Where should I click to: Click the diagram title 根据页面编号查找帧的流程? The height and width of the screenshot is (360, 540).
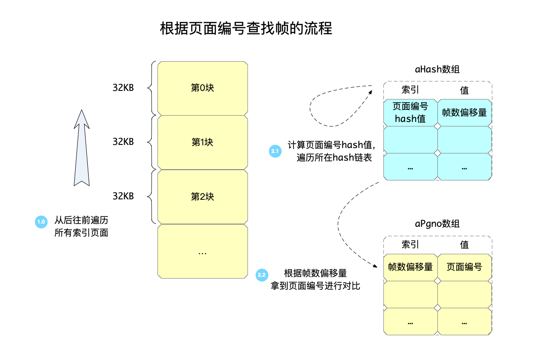pos(246,29)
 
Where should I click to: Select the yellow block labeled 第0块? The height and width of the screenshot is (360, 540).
pos(202,88)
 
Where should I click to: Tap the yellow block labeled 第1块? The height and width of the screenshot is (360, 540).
pos(202,142)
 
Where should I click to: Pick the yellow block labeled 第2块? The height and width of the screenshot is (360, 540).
pos(202,197)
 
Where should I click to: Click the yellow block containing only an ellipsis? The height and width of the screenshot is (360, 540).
pos(202,251)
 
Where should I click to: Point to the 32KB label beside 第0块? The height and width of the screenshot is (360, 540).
pos(123,87)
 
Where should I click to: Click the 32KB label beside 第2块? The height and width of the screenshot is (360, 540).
pos(123,196)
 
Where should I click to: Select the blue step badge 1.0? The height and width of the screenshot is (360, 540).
pos(41,222)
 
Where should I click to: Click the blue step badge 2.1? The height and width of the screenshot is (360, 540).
pos(274,152)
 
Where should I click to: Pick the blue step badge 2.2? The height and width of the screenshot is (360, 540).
pos(261,274)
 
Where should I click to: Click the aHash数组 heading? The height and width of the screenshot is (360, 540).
pos(437,70)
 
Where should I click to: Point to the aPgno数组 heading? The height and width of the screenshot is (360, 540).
pos(437,224)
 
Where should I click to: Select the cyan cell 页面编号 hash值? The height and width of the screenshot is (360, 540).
pos(410,112)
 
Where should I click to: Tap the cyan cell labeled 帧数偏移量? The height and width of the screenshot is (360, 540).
pos(464,112)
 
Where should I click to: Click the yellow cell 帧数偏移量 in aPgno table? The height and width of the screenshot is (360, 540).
pos(410,267)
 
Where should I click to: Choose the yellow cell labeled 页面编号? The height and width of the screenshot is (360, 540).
pos(464,267)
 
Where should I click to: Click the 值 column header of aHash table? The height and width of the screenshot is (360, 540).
pos(464,90)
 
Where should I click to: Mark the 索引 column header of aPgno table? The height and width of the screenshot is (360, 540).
pos(410,245)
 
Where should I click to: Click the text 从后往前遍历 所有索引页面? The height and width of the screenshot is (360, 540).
pos(81,227)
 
